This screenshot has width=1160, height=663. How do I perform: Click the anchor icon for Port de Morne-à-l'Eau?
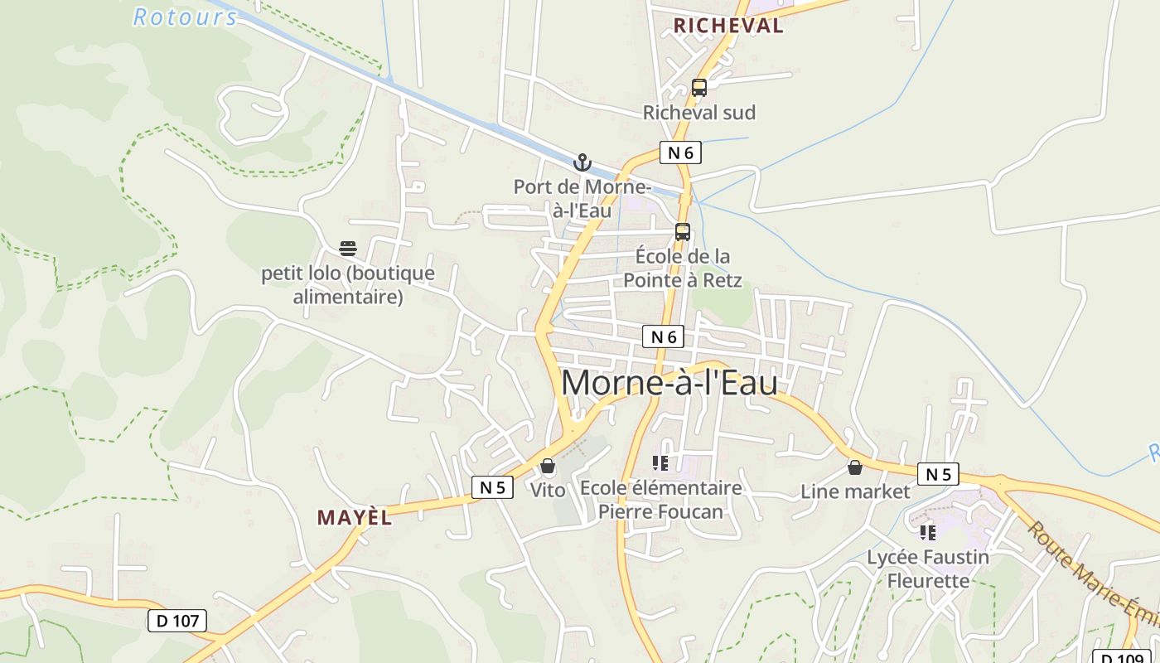pos(582,162)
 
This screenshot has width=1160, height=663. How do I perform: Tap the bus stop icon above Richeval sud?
pos(699,88)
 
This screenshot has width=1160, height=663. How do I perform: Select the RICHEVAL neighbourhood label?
pos(727,26)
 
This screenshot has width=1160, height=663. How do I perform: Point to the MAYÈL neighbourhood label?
pos(354,518)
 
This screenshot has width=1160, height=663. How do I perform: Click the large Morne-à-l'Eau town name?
pos(669,383)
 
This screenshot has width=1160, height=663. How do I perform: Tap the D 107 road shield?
pos(176,620)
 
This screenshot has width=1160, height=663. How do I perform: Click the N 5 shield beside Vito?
pos(492,487)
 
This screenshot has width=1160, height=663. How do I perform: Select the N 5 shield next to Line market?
pos(938,474)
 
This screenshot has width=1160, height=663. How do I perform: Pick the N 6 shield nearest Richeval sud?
pos(680,152)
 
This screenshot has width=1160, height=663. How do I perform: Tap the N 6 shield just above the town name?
pos(664,336)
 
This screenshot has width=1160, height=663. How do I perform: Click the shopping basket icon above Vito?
pos(547,467)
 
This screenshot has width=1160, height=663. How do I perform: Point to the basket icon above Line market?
pos(855,467)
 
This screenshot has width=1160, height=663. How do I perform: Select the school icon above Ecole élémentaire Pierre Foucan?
pos(660,462)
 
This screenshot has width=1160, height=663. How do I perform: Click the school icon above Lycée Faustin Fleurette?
pos(928,532)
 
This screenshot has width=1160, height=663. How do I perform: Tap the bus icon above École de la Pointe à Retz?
pos(683,232)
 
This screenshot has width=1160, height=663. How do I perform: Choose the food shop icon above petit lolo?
pos(348,249)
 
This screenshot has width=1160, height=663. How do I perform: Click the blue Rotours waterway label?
pos(185,17)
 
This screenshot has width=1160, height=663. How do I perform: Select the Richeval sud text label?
pos(699,112)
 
